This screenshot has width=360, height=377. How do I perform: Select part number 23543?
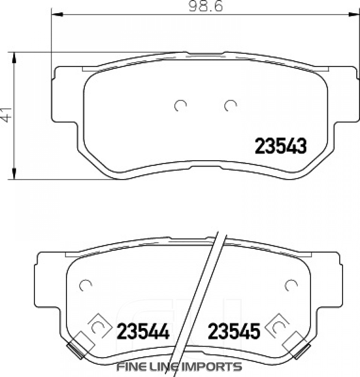(x=280, y=146)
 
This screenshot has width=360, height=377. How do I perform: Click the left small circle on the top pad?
(x=180, y=106)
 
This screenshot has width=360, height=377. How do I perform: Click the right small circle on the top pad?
(x=230, y=106)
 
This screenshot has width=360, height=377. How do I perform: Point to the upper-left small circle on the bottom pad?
(x=86, y=285)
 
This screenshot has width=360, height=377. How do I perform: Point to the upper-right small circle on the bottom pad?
(x=291, y=285)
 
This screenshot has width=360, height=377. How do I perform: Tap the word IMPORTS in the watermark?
(x=216, y=366)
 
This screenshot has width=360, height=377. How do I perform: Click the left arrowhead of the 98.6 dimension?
(x=55, y=14)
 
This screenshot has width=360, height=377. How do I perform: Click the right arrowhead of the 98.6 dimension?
(x=354, y=14)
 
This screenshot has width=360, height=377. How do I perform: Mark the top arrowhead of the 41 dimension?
(x=14, y=57)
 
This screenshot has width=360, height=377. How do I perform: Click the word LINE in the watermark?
(x=164, y=366)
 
